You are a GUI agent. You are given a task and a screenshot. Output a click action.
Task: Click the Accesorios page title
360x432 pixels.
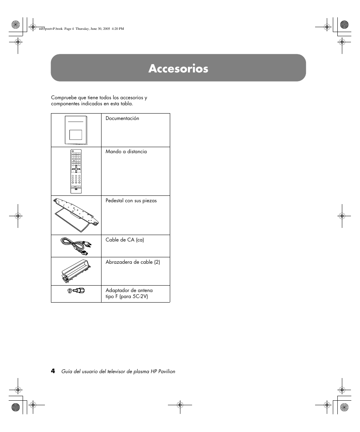[178, 68]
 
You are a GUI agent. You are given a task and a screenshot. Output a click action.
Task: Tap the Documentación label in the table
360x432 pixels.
[122, 118]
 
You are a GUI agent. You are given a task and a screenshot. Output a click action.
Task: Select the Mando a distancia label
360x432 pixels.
[126, 152]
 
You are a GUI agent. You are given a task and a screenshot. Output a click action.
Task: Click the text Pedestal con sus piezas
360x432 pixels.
[131, 201]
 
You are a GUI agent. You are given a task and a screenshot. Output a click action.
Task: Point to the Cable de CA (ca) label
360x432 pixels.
[125, 240]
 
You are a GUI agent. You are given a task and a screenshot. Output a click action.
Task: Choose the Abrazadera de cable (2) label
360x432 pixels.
[132, 262]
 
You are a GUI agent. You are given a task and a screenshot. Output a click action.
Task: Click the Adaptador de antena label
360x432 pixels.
[129, 291]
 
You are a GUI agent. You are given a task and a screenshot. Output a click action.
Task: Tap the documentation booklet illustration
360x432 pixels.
[76, 130]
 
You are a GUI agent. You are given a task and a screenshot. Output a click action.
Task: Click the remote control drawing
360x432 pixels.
[76, 171]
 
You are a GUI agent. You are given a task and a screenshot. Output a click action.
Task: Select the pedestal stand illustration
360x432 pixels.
[77, 214]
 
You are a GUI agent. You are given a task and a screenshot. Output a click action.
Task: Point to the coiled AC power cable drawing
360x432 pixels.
[76, 246]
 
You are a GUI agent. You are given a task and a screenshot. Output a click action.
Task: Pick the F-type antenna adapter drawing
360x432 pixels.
[76, 291]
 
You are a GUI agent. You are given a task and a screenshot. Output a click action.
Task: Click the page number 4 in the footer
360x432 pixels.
[53, 371]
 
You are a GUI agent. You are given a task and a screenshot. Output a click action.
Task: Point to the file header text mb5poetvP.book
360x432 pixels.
[41, 29]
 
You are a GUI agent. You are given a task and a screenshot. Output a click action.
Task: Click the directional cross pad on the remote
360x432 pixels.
[75, 169]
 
